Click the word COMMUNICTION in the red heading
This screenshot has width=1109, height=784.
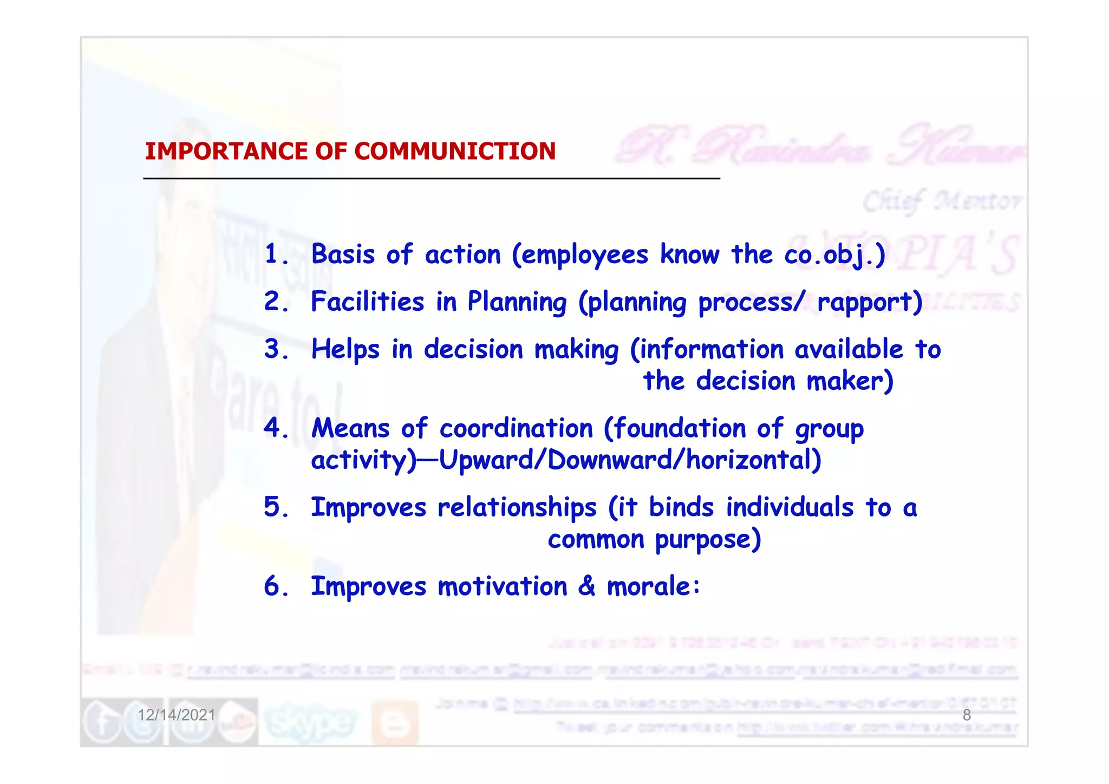click(x=455, y=151)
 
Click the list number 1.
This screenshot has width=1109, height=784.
click(x=272, y=253)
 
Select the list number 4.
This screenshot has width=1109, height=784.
click(x=272, y=428)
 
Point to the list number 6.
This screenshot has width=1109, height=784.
click(x=272, y=586)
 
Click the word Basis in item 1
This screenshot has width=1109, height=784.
click(x=343, y=253)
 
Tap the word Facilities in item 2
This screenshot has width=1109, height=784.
click(x=367, y=301)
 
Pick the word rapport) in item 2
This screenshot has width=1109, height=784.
click(x=869, y=302)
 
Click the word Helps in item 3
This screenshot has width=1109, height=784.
click(x=345, y=350)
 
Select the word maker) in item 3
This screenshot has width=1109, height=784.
click(x=850, y=381)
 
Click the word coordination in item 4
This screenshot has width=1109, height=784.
click(x=516, y=428)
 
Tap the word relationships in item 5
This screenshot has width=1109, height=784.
click(x=517, y=508)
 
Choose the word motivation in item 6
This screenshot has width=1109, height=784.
click(x=502, y=586)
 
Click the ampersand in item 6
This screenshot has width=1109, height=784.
click(x=586, y=586)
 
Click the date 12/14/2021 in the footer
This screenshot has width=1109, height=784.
click(x=177, y=715)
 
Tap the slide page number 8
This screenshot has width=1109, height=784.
click(x=967, y=715)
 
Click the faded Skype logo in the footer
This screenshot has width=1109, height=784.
click(x=310, y=721)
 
